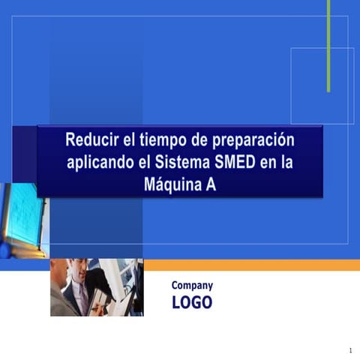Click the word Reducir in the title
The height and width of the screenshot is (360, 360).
91,140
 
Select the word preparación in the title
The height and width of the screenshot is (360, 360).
253,141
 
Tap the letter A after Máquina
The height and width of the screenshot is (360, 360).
211,185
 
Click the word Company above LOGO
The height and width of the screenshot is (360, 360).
192,285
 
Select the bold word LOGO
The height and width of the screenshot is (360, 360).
192,302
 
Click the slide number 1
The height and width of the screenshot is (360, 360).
350,351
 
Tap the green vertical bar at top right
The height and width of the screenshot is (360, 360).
328,45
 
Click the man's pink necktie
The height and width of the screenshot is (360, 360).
84,296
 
